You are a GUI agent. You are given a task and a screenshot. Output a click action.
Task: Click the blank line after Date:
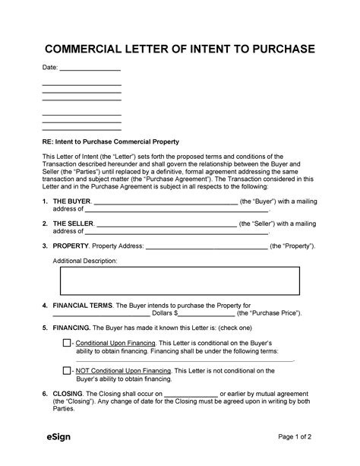click(x=90, y=71)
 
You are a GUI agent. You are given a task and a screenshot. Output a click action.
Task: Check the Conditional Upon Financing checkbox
click(x=68, y=344)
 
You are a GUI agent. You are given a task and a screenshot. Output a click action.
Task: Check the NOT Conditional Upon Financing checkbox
click(x=68, y=370)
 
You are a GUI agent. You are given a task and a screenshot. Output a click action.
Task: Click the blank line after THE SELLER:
click(x=166, y=225)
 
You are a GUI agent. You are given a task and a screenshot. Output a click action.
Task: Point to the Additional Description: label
click(x=84, y=260)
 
